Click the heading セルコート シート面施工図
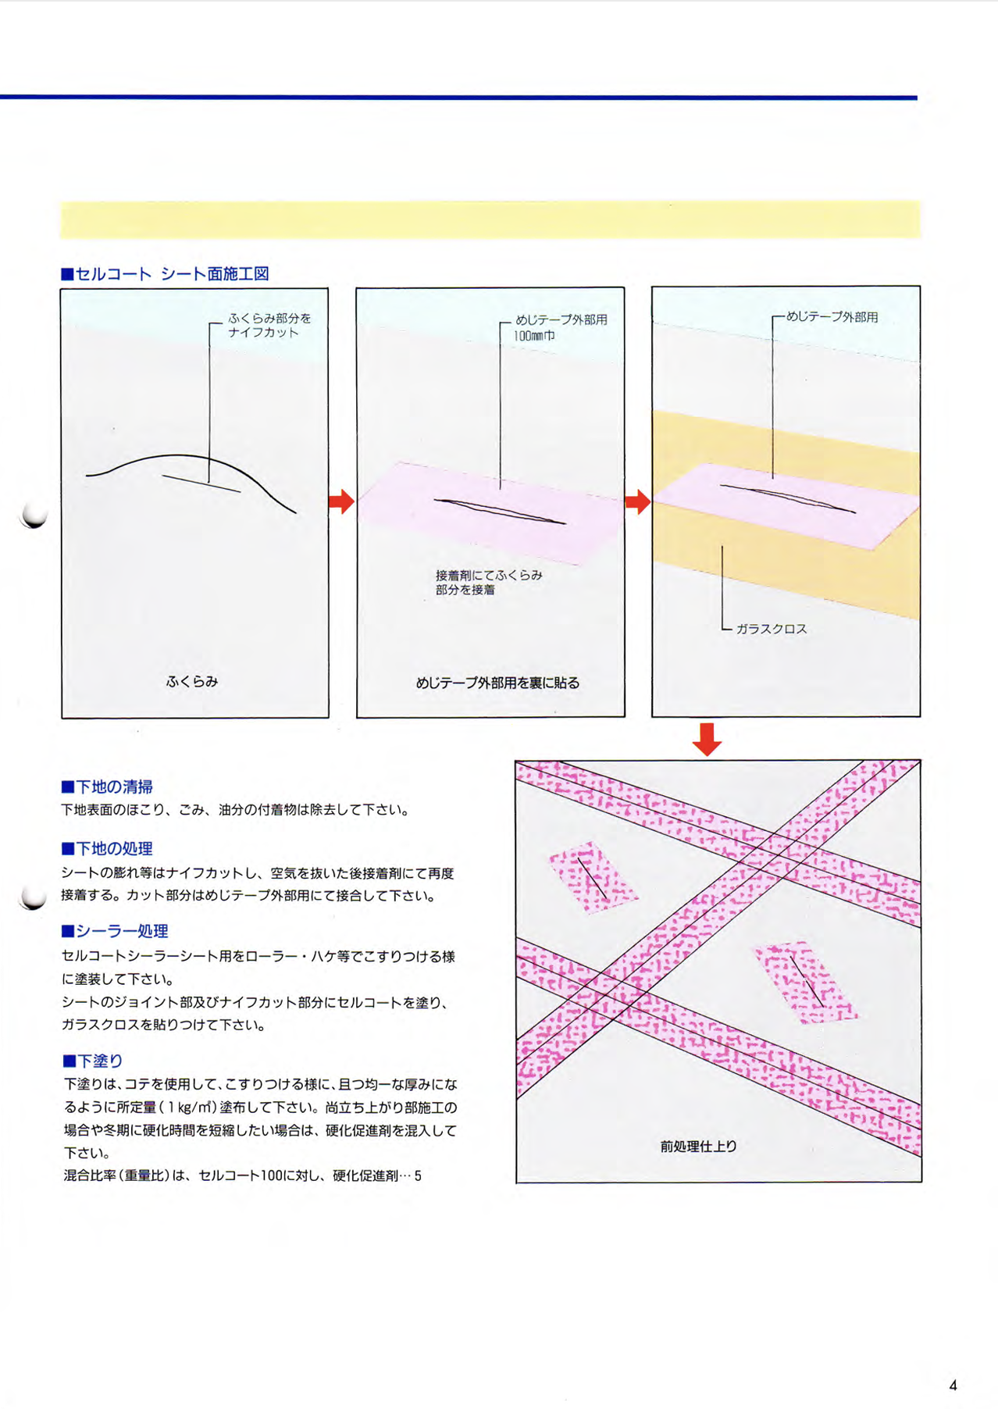point(165,274)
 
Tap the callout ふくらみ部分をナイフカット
point(269,325)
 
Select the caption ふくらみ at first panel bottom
point(192,681)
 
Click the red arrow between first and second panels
point(341,501)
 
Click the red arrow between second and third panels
point(638,501)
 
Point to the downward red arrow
point(707,739)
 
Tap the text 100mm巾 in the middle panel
point(535,336)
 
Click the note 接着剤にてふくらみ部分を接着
point(488,582)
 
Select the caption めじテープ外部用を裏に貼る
point(497,683)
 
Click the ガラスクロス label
point(771,629)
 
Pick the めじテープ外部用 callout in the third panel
point(832,317)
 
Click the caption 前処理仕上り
point(698,1146)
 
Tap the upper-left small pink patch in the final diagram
point(592,877)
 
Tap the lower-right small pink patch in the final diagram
point(804,981)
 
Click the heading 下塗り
point(93,1061)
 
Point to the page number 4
point(953,1386)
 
